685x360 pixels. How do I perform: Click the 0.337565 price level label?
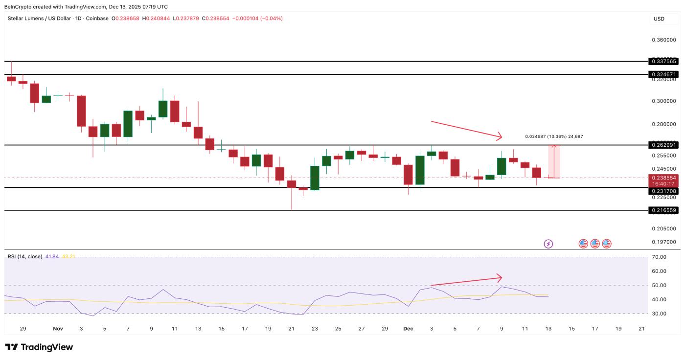[x=663, y=61]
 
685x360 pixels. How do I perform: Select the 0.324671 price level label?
[x=663, y=74]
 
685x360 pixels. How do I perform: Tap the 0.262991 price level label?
[x=663, y=145]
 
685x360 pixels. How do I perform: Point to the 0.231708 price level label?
[x=663, y=191]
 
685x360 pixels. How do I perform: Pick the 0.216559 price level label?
[x=663, y=210]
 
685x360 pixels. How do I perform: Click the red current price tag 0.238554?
[x=663, y=178]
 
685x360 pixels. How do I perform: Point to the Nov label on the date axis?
[x=58, y=329]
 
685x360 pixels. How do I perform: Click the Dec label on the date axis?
[x=408, y=329]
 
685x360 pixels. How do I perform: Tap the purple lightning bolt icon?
[x=548, y=244]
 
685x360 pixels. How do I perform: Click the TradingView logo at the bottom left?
[x=39, y=347]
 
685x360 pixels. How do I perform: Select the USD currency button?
[x=659, y=19]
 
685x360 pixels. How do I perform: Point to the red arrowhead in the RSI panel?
[x=499, y=277]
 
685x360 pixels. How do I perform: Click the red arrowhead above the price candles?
[x=499, y=136]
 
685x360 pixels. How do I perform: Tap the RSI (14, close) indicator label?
[x=24, y=256]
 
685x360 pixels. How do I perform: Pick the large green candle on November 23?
[x=315, y=178]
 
